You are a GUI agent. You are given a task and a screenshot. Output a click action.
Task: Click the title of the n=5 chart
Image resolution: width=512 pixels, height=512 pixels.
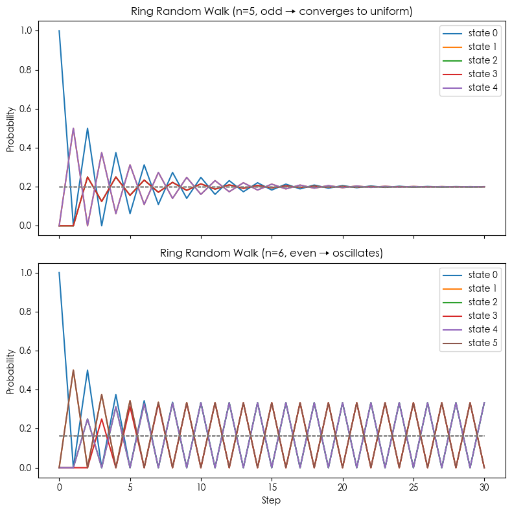coord(272,10)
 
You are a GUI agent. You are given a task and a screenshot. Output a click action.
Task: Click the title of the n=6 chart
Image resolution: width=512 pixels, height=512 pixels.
coord(272,253)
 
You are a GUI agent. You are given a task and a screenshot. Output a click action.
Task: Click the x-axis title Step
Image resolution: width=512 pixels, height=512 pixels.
coord(272,500)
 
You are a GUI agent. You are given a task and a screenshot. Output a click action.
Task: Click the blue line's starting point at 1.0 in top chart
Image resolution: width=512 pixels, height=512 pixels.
coord(59,30)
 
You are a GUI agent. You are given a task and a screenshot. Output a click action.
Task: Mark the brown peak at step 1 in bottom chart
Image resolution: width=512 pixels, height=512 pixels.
coord(73,370)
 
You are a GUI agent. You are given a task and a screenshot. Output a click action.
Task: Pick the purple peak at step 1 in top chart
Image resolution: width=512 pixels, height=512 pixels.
coord(73,128)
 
